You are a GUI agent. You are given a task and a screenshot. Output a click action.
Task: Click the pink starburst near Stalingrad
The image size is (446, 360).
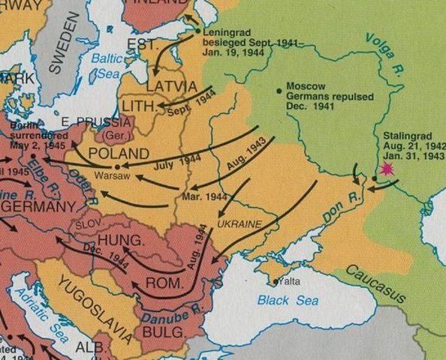387,170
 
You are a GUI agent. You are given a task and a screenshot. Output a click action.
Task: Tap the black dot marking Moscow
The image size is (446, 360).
279,90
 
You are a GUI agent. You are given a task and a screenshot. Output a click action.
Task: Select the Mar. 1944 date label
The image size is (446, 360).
205,196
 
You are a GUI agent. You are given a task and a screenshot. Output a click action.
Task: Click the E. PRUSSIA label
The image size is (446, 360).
87,123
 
